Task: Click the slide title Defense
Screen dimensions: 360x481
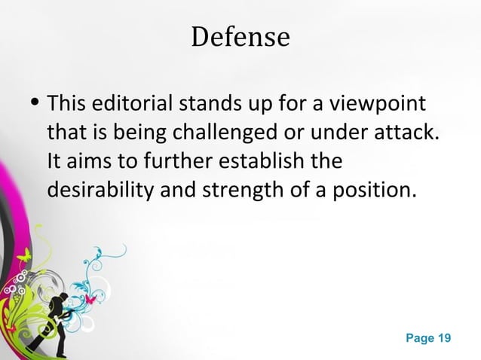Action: coord(240,37)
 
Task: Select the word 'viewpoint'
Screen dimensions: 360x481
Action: coord(386,102)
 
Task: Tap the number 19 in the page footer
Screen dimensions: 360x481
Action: coord(444,338)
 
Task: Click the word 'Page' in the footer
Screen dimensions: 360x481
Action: coord(420,338)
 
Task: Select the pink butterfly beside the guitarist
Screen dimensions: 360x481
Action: coord(91,299)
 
